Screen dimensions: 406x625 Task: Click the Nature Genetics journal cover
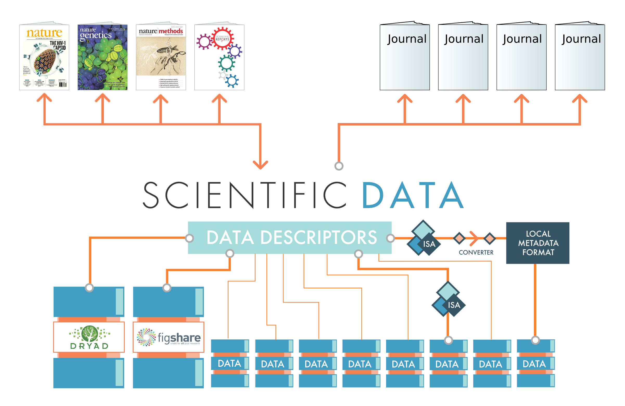pos(103,57)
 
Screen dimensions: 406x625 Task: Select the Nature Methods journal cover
pos(161,57)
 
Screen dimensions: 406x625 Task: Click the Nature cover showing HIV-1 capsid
pos(44,57)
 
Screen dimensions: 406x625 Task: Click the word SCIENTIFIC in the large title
pos(244,195)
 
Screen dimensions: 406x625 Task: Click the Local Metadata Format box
pos(538,243)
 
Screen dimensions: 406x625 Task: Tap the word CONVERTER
pos(476,253)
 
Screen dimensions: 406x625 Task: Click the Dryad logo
pos(89,337)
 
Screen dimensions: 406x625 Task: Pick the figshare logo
pos(169,337)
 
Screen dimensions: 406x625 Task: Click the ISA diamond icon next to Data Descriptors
pos(423,238)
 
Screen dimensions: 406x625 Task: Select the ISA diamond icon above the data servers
pos(448,299)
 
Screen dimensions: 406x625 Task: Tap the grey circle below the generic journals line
pos(339,166)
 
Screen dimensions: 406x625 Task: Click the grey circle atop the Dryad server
pos(89,288)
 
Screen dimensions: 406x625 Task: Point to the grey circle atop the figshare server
pos(167,288)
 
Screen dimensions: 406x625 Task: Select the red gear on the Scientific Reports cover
pos(222,38)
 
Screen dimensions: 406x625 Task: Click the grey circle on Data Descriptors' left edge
pos(189,238)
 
